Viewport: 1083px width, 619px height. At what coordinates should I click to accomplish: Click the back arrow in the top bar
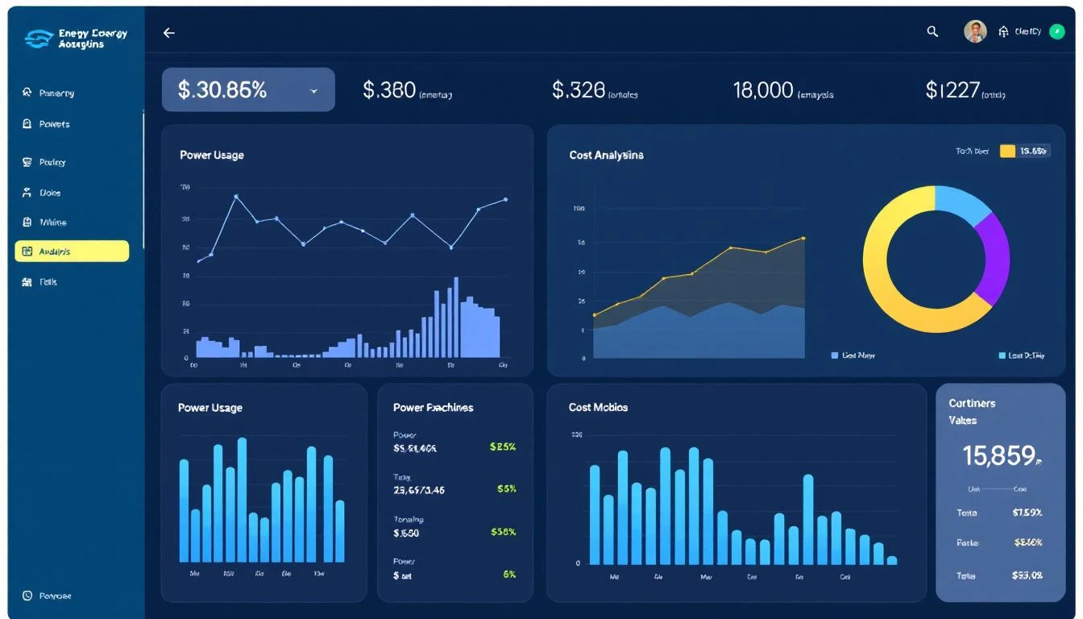tap(168, 33)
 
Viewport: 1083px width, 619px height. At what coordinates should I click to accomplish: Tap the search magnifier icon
tap(932, 31)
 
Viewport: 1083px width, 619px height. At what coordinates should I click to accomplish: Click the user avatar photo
tap(975, 31)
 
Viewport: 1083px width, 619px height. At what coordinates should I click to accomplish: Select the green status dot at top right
tap(1057, 31)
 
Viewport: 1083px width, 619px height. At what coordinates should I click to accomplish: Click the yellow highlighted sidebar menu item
tap(72, 251)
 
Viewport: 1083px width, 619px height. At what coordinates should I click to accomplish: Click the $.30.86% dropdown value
tap(222, 90)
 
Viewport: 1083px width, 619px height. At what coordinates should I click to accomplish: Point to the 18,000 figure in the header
tap(763, 90)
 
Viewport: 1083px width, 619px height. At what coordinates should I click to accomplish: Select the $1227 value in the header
tap(952, 90)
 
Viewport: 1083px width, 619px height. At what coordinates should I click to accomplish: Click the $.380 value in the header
tap(389, 90)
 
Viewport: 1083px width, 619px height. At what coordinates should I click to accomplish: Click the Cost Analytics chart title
tap(606, 155)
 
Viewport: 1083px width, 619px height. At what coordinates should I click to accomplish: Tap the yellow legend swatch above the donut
tap(1007, 151)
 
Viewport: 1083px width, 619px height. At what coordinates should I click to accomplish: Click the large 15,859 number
tap(999, 456)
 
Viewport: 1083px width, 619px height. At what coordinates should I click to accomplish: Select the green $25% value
tap(502, 447)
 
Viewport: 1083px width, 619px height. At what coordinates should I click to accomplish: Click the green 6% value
tap(508, 575)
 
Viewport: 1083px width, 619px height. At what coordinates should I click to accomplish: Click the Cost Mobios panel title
tap(598, 407)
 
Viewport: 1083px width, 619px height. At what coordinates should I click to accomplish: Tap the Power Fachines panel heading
tap(433, 407)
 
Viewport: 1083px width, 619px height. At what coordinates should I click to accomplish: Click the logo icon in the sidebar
tap(39, 39)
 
